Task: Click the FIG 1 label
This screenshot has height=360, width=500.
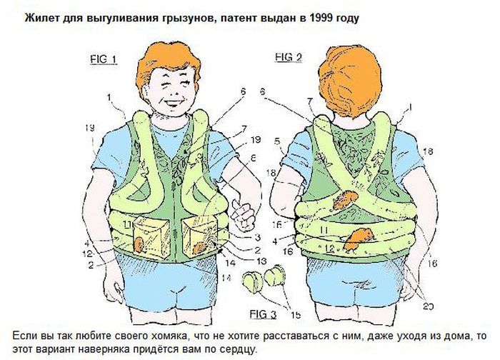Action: tap(104, 59)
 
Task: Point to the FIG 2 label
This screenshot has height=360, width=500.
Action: tap(289, 57)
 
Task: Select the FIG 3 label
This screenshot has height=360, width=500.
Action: tap(263, 314)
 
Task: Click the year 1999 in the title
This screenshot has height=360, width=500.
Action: tap(321, 18)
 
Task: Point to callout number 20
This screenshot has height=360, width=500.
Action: tap(428, 306)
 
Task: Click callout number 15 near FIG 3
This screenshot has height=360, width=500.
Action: tap(296, 315)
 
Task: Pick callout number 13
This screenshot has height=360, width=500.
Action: tap(261, 261)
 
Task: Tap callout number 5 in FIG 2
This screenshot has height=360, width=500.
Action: tap(277, 141)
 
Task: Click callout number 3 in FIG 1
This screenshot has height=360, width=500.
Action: tap(257, 237)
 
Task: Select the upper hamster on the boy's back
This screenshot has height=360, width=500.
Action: tap(345, 199)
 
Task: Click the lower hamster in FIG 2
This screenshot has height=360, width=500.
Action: tap(357, 239)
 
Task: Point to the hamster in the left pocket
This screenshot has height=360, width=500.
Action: tap(139, 245)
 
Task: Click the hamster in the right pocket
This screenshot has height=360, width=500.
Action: tap(200, 247)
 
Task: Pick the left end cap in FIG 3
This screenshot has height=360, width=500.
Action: tap(253, 281)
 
